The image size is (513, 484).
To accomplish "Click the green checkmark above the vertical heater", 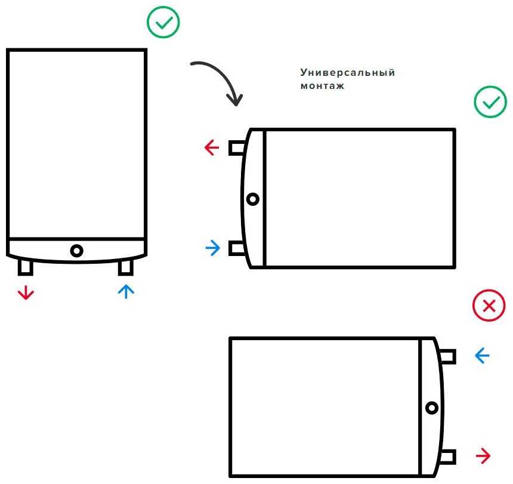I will [163, 23].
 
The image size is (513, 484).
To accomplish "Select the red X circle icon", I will [489, 306].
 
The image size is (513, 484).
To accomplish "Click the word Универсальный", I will [348, 73].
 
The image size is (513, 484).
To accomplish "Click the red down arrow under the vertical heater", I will [26, 292].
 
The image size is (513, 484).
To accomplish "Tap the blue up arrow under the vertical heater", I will [126, 291].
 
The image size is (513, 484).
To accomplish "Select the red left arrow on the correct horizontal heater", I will [212, 147].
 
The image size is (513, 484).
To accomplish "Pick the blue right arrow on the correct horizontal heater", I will [212, 248].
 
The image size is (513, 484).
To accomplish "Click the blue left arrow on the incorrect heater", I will [481, 356].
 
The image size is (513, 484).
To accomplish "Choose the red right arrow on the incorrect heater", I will [483, 457].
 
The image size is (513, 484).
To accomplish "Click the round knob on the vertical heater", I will [76, 251].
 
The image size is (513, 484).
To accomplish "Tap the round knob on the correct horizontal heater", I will [253, 199].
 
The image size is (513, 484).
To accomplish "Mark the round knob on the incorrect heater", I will [432, 408].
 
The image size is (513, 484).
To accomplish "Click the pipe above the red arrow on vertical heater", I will [26, 269].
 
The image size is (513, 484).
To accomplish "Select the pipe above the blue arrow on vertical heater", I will [125, 269].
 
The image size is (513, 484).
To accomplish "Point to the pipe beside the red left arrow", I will [236, 147].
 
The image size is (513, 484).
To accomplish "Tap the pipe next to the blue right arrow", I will [236, 248].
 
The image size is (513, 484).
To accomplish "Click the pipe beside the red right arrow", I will [449, 457].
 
